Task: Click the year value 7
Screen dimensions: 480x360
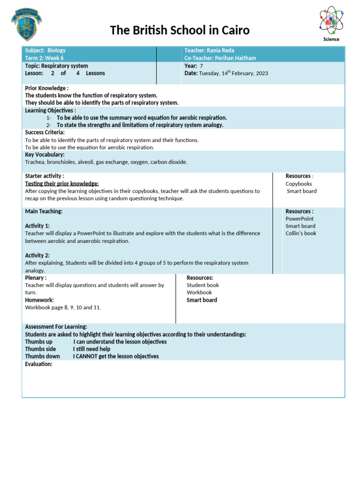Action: click(201, 66)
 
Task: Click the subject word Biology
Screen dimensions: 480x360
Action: click(56, 50)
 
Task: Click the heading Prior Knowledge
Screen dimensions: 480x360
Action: click(46, 88)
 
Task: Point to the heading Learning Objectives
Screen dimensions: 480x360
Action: click(50, 111)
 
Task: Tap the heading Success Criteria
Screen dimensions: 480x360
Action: click(45, 133)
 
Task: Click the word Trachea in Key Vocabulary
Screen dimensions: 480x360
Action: click(35, 162)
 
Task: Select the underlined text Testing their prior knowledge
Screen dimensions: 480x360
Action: click(62, 184)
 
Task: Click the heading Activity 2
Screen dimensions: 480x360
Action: click(37, 255)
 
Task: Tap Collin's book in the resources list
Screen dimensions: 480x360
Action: click(301, 233)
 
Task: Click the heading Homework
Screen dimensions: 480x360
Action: click(39, 300)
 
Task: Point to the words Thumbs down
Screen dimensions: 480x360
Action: click(42, 356)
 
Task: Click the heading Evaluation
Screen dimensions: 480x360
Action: click(38, 364)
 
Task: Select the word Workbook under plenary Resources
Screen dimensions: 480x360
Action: click(199, 292)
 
